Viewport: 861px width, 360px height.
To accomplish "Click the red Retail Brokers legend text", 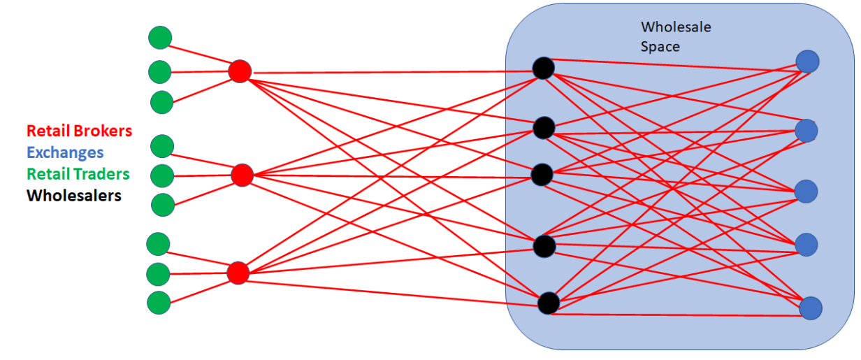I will click(79, 130).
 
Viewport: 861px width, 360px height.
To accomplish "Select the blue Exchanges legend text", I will click(64, 152).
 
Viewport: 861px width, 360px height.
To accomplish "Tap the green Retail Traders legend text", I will click(78, 173).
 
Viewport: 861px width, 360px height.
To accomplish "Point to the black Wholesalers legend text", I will click(73, 195).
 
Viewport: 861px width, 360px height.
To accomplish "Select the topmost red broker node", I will click(240, 71).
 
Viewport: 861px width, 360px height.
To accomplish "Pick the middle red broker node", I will click(242, 175).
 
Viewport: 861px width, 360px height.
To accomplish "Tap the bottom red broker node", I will click(238, 273).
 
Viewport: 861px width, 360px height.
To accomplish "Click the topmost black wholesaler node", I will click(543, 68).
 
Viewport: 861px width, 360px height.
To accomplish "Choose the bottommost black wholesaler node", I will click(549, 303).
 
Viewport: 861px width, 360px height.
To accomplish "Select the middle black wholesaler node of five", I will click(542, 174).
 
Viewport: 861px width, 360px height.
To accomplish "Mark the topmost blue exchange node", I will click(807, 61).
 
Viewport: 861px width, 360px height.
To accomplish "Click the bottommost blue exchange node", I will click(811, 308).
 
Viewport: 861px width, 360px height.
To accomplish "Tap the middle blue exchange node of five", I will click(806, 191).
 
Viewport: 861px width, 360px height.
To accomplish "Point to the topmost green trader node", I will click(160, 37).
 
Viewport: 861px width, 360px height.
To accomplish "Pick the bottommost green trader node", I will click(159, 303).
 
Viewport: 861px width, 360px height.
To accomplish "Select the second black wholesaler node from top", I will click(544, 128).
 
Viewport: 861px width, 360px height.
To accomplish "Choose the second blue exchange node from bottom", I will click(806, 244).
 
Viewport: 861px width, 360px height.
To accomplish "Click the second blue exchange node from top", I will click(806, 130).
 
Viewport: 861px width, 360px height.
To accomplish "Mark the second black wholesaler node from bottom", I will click(544, 245).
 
